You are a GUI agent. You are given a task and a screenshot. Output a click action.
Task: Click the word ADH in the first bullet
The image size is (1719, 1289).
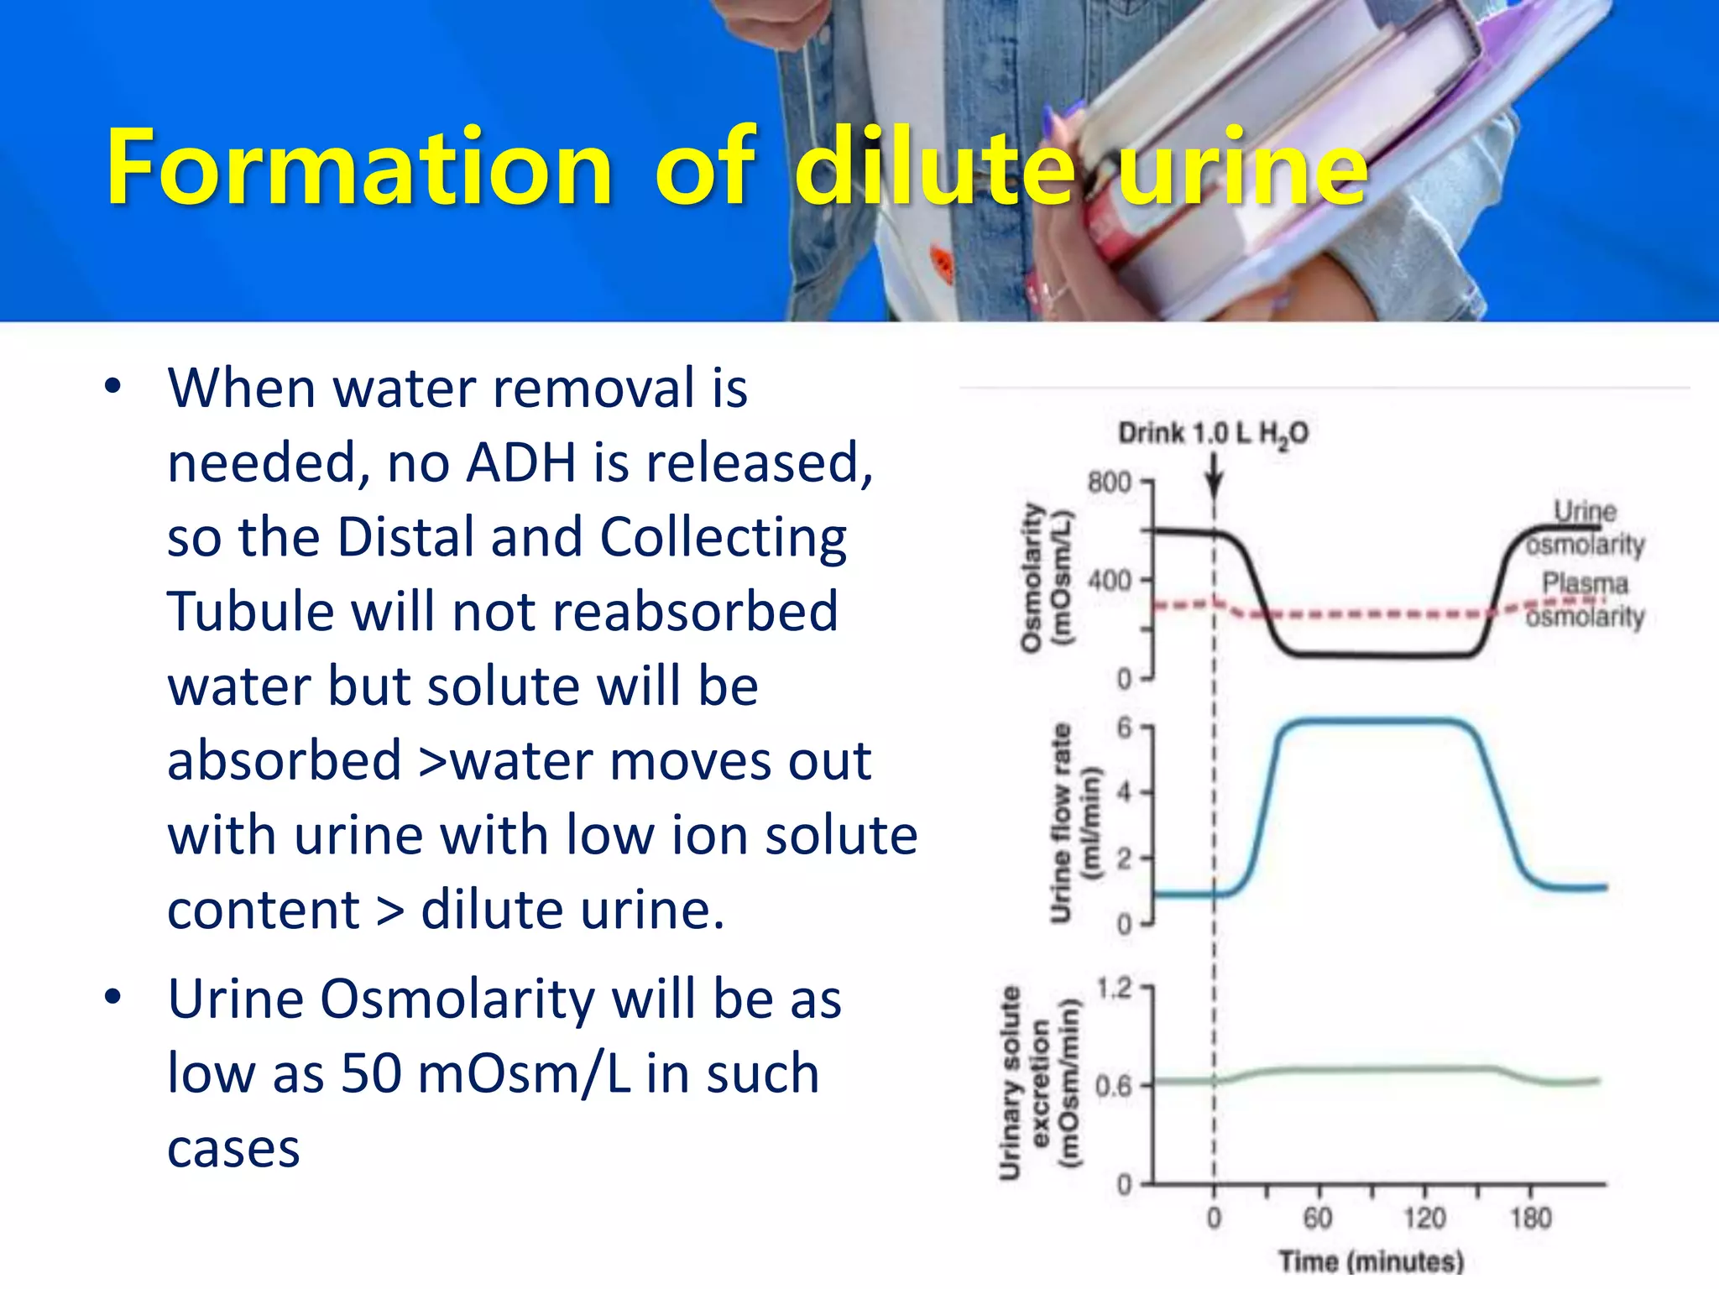coord(520,462)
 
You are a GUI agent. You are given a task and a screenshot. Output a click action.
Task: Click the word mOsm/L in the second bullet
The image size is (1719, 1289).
coord(524,1073)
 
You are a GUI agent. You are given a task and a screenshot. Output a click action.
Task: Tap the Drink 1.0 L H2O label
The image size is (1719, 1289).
coord(1213,434)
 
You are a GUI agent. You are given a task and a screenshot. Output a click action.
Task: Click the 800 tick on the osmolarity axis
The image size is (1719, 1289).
coord(1110,483)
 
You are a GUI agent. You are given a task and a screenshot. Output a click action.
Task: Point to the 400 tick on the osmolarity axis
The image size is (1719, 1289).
coord(1110,580)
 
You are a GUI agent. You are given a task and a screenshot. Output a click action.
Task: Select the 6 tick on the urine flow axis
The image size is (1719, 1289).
coord(1124,728)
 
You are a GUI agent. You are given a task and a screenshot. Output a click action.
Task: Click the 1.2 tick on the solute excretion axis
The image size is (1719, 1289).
coord(1115,989)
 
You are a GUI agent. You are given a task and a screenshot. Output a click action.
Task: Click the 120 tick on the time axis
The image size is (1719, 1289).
coord(1424,1218)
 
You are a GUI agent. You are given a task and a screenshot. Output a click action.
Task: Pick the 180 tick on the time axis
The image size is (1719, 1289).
coord(1530,1218)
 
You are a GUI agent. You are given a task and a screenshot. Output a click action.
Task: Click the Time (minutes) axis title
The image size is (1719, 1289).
coord(1372,1261)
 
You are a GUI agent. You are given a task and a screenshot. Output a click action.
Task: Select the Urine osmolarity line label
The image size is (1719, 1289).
coord(1585,528)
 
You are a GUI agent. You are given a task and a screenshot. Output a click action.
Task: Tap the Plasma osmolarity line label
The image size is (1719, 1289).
coord(1585,600)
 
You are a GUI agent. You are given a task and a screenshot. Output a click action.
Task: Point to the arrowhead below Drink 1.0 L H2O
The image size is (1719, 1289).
coord(1214,487)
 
